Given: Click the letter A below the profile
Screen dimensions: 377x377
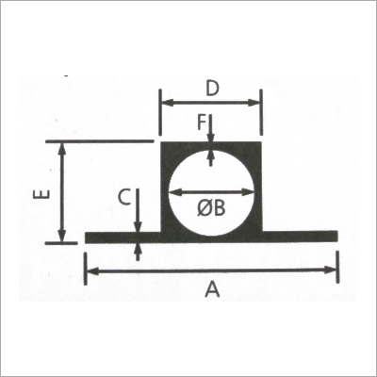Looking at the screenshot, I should (212, 291).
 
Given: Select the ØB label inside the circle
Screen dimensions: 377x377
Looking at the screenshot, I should (212, 208).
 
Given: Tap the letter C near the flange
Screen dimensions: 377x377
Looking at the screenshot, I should (123, 197).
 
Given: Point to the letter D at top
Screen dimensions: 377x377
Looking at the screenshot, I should (212, 90).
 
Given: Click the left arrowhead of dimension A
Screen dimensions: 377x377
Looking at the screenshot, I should (89, 271).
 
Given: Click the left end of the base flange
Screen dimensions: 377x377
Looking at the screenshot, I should (87, 238).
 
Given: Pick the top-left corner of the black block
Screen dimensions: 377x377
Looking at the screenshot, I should (163, 142).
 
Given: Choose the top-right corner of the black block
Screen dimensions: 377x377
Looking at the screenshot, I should (260, 142).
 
